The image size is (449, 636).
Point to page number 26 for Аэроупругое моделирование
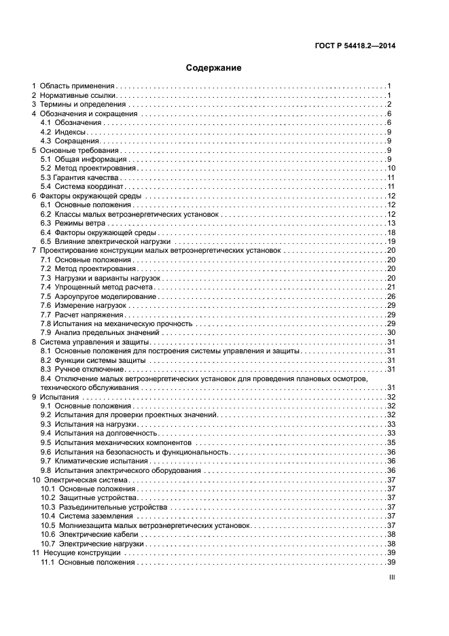coord(391,296)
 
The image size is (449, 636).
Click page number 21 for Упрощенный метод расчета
coord(391,287)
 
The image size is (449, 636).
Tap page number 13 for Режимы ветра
coord(391,223)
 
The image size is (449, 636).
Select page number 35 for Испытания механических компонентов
coord(391,442)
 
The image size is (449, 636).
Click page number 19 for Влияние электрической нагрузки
coord(391,241)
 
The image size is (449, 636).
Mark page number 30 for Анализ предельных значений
coord(391,333)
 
